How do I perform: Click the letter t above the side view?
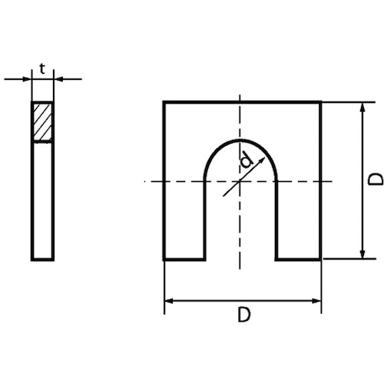(42, 68)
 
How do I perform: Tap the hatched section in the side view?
(42, 122)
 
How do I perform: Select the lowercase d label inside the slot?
(246, 161)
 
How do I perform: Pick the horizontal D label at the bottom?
(242, 315)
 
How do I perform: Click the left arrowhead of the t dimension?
(27, 78)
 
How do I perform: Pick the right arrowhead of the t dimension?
(58, 78)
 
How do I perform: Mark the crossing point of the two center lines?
(241, 180)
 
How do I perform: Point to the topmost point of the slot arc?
(241, 141)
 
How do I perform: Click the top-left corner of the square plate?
(164, 102)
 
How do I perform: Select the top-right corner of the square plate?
(320, 102)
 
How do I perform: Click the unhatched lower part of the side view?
(42, 200)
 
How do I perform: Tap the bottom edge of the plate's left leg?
(184, 260)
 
